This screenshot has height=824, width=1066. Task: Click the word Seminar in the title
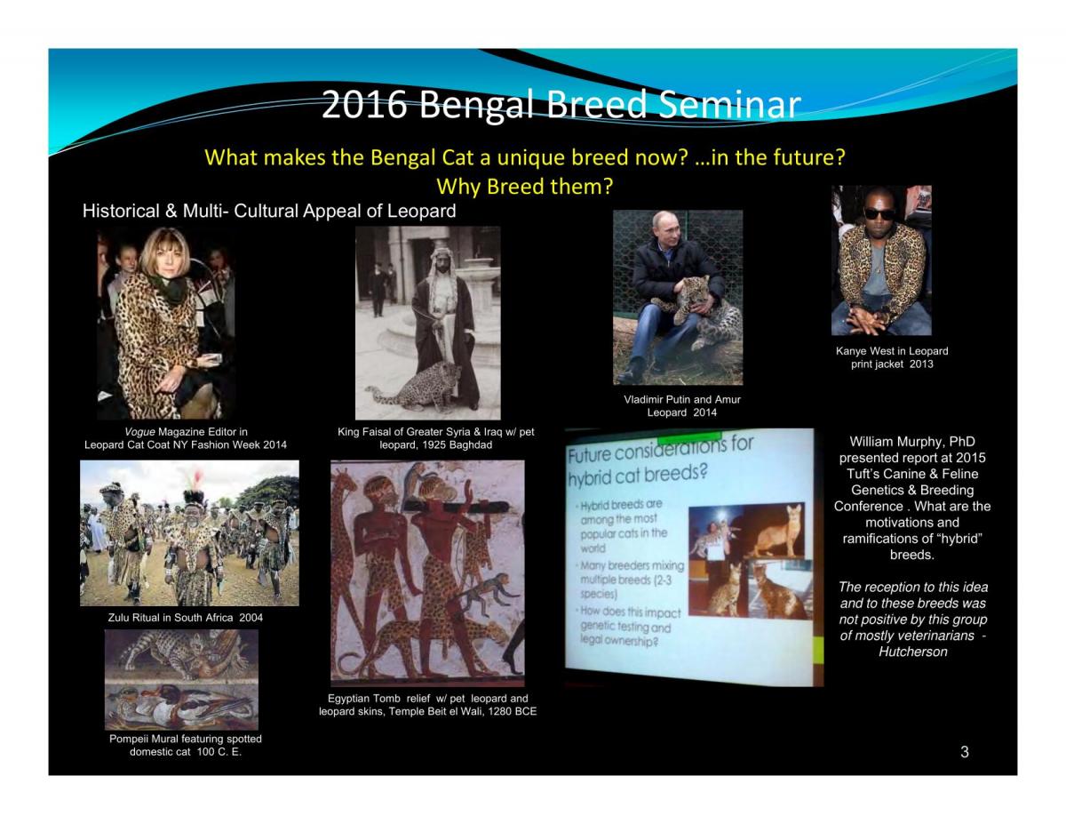729,104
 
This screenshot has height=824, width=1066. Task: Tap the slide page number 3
964,752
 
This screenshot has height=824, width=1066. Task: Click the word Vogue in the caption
139,432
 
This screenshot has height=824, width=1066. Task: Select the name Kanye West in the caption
863,351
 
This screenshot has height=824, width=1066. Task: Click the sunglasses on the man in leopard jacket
879,214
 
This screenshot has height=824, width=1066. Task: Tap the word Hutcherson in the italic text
912,652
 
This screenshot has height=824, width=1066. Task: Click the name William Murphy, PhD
912,442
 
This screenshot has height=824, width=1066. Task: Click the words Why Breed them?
524,187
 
